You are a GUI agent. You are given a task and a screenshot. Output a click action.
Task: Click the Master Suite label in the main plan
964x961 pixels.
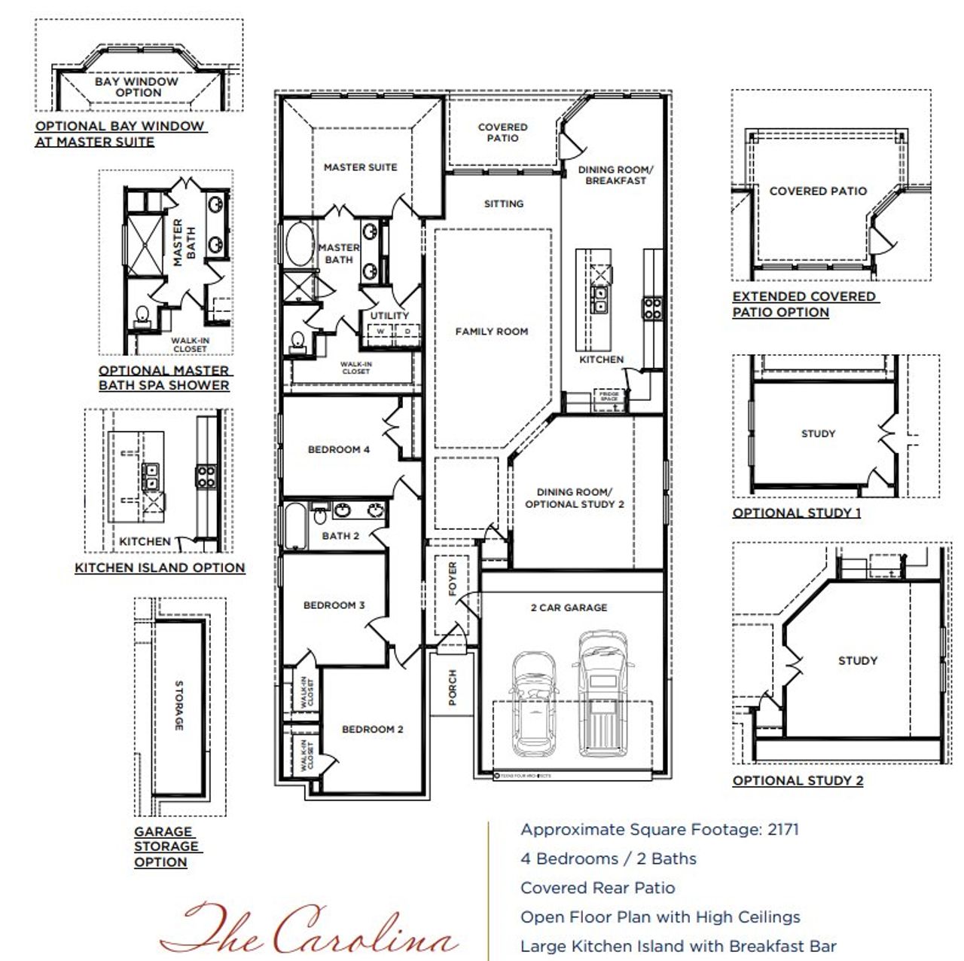click(x=360, y=167)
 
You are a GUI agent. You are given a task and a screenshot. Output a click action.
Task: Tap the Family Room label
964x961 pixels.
click(x=491, y=331)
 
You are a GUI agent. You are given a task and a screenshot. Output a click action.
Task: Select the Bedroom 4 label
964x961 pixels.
click(x=339, y=450)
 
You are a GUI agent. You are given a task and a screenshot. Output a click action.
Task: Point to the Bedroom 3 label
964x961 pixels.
click(x=334, y=605)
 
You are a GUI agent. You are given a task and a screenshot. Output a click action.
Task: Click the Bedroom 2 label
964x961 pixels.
click(x=372, y=730)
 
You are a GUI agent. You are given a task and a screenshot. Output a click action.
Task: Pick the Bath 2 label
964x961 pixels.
click(x=340, y=536)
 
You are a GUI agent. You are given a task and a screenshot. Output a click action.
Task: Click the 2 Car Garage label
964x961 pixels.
click(x=569, y=608)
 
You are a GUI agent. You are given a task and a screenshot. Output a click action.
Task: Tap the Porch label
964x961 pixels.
click(x=453, y=687)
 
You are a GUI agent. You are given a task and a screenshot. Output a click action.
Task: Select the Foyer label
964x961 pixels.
click(x=453, y=578)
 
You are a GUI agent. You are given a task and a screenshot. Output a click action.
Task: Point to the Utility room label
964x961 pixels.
click(x=389, y=315)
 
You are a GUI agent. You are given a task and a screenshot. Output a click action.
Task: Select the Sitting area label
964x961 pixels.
click(x=504, y=204)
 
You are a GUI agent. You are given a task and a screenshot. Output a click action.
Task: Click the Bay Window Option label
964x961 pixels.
click(x=137, y=87)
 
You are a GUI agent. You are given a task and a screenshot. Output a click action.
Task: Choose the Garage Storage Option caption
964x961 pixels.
click(x=166, y=846)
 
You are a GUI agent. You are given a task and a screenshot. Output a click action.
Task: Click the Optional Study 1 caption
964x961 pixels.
click(x=797, y=513)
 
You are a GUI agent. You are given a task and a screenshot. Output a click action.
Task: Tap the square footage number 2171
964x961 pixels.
click(x=783, y=830)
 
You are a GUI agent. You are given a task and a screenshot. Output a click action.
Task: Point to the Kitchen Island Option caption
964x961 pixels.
click(x=160, y=568)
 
